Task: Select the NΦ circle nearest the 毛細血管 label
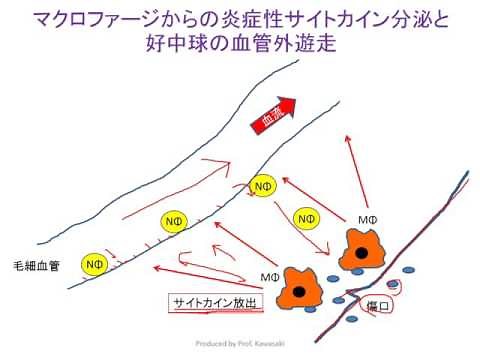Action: coord(94,263)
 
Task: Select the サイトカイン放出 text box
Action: coord(213,302)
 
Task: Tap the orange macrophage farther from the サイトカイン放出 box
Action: coord(356,248)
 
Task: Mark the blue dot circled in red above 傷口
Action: coord(393,285)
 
